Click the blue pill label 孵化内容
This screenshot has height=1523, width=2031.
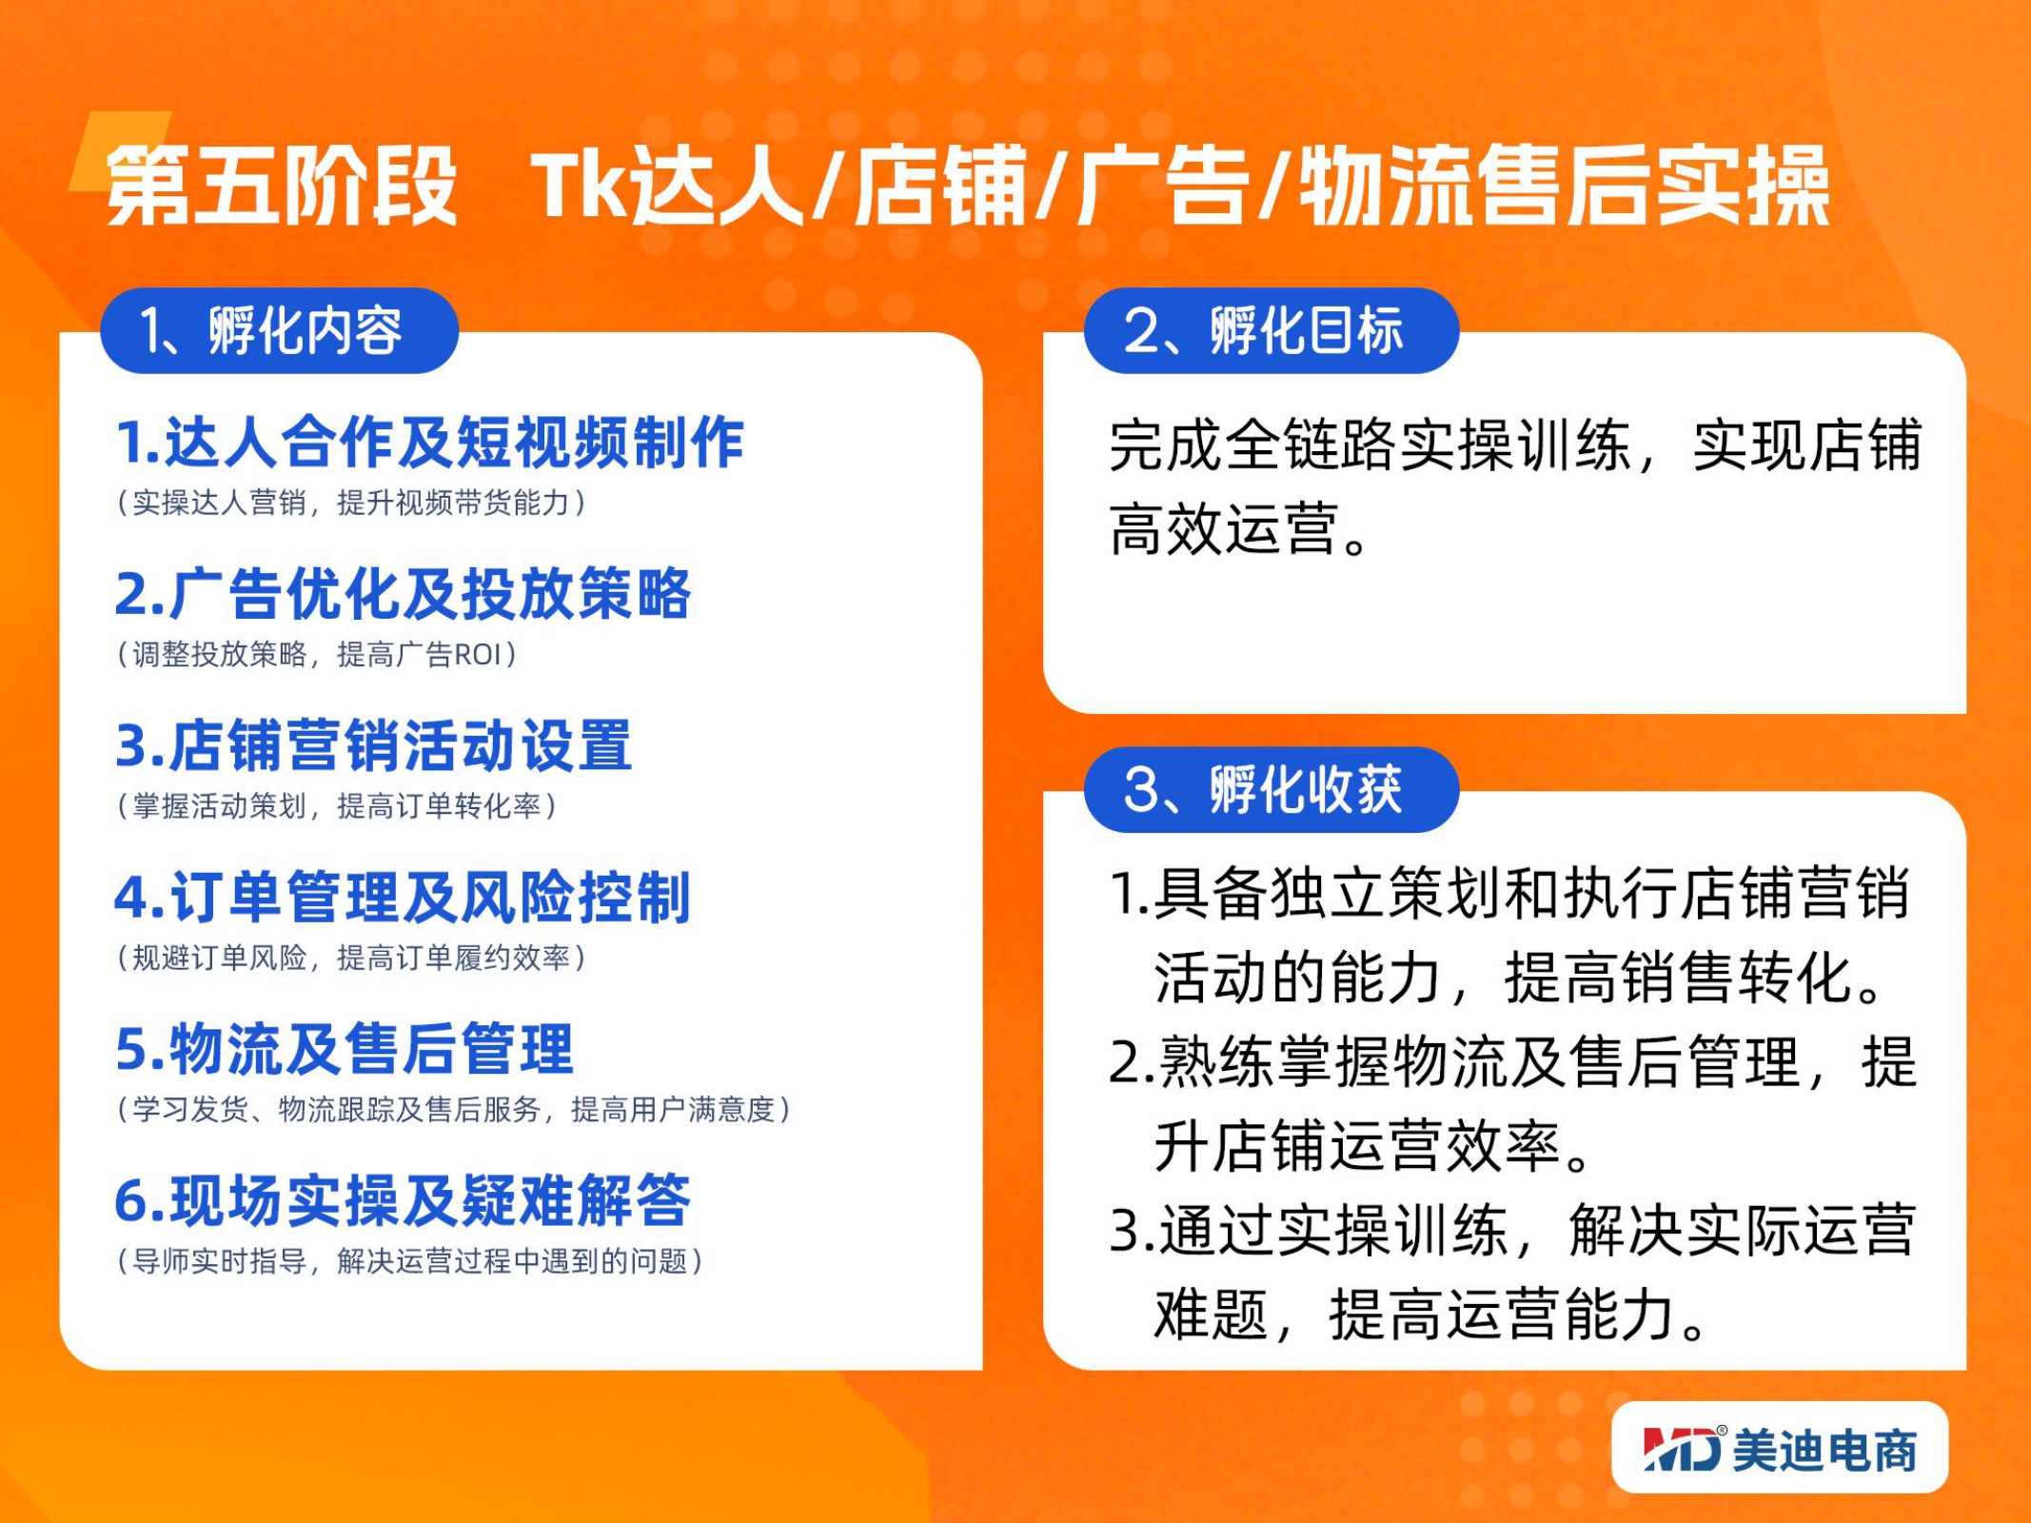[280, 330]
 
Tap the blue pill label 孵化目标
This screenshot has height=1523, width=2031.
[1272, 330]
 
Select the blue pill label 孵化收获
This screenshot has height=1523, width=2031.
[1272, 789]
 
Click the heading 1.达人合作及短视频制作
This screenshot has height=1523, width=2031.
[429, 443]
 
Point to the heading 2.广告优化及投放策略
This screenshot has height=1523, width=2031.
[403, 594]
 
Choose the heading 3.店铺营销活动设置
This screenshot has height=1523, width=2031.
[373, 745]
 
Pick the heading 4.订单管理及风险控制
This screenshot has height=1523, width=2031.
[403, 897]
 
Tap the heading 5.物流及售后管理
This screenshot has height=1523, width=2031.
[345, 1048]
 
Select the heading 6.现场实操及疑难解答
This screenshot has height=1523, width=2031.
[403, 1199]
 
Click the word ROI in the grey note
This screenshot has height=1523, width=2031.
[477, 655]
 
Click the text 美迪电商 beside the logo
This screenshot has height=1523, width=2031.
[1825, 1450]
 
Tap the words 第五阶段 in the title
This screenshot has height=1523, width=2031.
[282, 186]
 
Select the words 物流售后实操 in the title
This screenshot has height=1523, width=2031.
[1565, 186]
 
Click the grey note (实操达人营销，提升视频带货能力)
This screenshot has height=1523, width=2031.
[351, 503]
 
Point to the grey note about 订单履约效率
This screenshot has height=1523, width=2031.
[351, 958]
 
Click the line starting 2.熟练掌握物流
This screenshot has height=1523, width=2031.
[1513, 1062]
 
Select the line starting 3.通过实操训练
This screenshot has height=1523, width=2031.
[1513, 1230]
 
